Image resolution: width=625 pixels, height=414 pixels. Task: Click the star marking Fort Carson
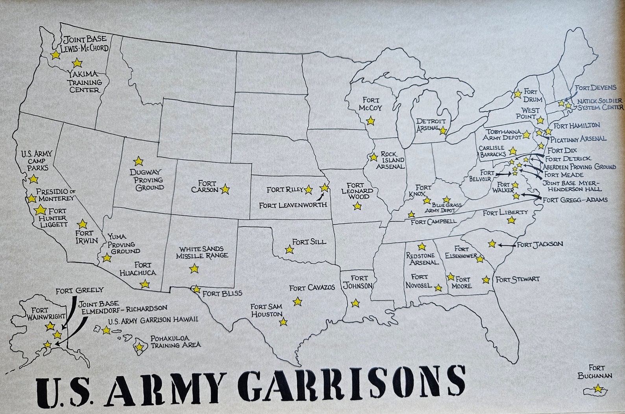pyautogui.click(x=225, y=189)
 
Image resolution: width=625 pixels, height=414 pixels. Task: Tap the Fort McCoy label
pyautogui.click(x=372, y=104)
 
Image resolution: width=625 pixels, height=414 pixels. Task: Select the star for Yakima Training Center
pyautogui.click(x=77, y=63)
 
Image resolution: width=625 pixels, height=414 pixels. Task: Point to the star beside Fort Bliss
pyautogui.click(x=196, y=289)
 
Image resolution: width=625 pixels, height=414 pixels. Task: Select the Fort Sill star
pyautogui.click(x=289, y=249)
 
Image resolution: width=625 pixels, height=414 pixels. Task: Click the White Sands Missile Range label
pyautogui.click(x=202, y=252)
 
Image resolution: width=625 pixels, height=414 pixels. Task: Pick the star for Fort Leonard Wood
pyautogui.click(x=357, y=206)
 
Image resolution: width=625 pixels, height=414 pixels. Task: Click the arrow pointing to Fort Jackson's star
pyautogui.click(x=506, y=245)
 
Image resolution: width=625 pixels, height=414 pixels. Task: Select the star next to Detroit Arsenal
pyautogui.click(x=443, y=130)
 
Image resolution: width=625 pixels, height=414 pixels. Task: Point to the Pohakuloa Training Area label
pyautogui.click(x=176, y=341)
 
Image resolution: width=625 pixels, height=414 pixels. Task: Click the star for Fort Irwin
pyautogui.click(x=82, y=224)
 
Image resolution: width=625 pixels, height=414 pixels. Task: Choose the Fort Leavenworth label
pyautogui.click(x=293, y=205)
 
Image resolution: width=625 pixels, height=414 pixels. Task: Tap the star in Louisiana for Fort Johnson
pyautogui.click(x=355, y=303)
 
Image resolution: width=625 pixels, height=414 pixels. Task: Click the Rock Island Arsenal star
pyautogui.click(x=374, y=157)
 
